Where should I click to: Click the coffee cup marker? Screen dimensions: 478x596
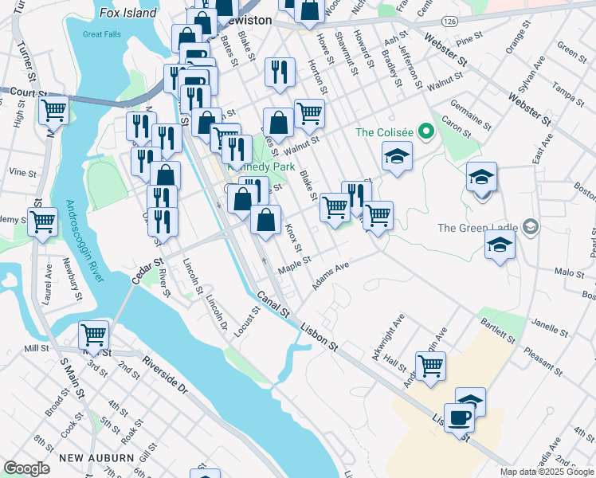(460, 417)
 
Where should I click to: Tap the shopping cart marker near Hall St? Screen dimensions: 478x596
(430, 366)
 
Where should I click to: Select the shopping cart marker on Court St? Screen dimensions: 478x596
(53, 109)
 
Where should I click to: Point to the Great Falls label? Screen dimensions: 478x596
(103, 34)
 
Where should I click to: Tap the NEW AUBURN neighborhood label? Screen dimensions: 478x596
(95, 457)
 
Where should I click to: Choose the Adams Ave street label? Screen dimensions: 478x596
(331, 278)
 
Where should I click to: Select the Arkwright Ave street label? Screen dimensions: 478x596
(396, 330)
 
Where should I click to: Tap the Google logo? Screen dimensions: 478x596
(27, 468)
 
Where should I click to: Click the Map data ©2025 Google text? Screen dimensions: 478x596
(547, 472)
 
